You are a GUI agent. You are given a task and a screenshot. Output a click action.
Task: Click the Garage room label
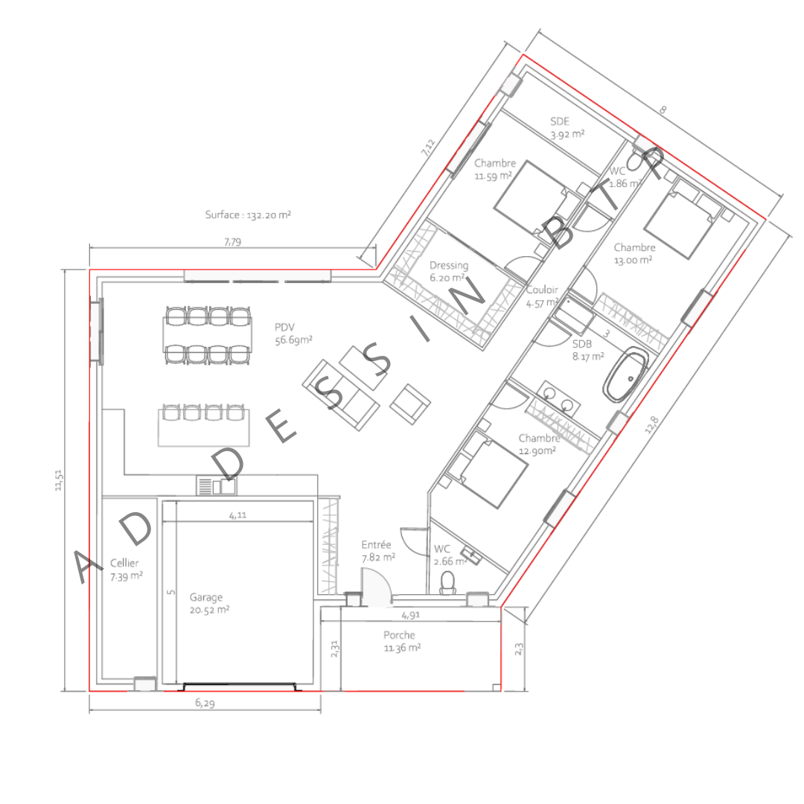pos(209,604)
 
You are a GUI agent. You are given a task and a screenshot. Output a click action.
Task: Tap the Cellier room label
pos(126,569)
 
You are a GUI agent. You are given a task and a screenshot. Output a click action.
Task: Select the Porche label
pos(402,641)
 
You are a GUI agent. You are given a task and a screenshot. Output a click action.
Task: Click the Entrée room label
pos(378,551)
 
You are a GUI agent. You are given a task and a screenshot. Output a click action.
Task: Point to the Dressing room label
pos(449,271)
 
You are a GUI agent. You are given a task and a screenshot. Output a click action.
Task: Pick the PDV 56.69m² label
pos(293,334)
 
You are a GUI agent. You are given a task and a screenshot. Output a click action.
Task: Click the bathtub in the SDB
pos(625,374)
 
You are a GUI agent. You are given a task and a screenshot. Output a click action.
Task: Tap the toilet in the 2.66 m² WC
pos(447,583)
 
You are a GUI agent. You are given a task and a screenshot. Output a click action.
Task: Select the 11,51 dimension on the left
pos(59,480)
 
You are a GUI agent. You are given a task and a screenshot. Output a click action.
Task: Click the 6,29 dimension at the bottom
pos(205,703)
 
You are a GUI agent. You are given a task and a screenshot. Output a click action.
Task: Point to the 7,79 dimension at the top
pos(232,241)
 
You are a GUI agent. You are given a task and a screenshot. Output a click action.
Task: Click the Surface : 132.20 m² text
pos(248,214)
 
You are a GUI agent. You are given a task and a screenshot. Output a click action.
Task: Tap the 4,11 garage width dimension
pos(237,515)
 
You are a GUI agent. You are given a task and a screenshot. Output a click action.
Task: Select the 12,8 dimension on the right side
pos(651,424)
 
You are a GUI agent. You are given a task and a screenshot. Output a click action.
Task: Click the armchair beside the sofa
pos(409,404)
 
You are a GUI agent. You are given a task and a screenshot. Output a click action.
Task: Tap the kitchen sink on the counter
pos(217,485)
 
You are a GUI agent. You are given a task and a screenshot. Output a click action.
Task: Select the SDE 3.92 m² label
pos(567,128)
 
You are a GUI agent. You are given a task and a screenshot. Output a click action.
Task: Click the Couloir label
pos(542,296)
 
